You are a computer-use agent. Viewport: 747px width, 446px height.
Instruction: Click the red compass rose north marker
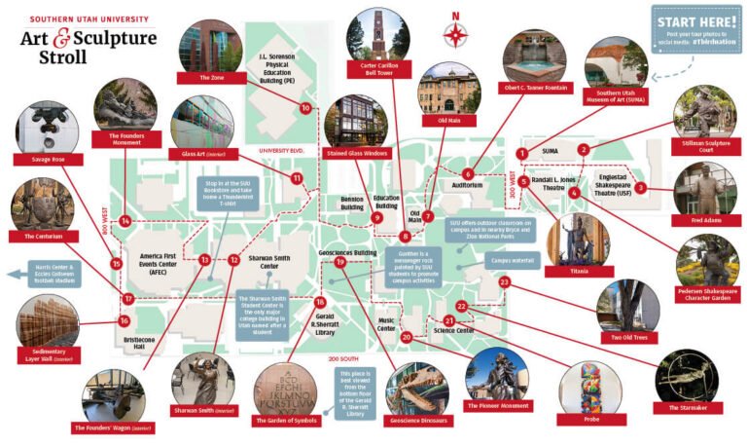pos(455,32)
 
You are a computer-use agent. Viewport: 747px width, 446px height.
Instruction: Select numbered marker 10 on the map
pos(305,108)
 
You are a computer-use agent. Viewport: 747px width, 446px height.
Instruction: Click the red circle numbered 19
pos(340,262)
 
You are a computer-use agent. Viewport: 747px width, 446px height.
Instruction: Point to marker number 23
pos(504,281)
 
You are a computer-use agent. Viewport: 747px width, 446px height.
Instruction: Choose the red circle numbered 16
pos(124,320)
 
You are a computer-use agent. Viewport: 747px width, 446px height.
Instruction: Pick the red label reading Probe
pos(591,419)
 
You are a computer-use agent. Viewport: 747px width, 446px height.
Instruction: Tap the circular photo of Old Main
pos(448,89)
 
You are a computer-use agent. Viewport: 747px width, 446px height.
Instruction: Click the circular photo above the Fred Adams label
pos(705,188)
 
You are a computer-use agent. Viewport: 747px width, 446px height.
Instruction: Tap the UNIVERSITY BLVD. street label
pos(282,152)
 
